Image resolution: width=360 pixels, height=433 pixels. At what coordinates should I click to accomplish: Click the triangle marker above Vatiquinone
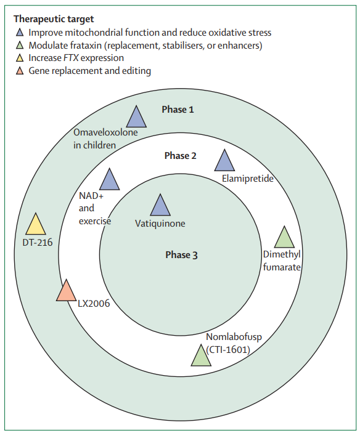pos(160,206)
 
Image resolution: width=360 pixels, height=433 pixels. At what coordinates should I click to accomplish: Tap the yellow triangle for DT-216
pos(36,225)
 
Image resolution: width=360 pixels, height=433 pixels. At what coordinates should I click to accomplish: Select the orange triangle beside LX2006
pos(67,292)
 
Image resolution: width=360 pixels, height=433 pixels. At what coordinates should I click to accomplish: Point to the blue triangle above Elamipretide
pos(224,162)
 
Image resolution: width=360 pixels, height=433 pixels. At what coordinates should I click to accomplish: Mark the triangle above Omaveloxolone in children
pos(136,118)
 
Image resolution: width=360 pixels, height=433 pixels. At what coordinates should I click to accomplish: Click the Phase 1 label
pos(178,110)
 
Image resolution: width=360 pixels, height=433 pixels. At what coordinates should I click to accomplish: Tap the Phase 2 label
pos(180,156)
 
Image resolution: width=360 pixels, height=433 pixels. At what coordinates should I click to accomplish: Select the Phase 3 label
pos(181,255)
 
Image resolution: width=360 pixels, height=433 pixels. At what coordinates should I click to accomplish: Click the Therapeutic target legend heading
pos(54,19)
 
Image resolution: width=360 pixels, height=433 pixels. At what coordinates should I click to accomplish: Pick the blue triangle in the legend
pos(20,33)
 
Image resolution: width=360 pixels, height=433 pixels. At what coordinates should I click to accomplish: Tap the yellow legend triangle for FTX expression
pos(20,59)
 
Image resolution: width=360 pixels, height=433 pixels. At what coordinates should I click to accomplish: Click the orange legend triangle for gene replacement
pos(20,71)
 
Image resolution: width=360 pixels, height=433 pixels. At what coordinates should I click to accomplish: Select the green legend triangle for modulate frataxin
pos(20,46)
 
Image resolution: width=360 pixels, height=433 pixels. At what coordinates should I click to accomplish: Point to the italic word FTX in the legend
pos(71,58)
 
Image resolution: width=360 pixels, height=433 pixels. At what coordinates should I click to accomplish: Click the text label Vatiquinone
pos(160,224)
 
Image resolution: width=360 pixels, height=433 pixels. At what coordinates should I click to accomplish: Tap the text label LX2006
pos(94,304)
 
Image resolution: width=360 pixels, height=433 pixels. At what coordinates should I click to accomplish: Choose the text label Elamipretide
pos(248,179)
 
